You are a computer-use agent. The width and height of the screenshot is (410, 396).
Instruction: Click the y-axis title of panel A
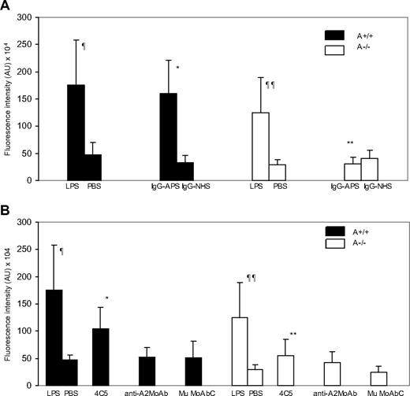point(9,98)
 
